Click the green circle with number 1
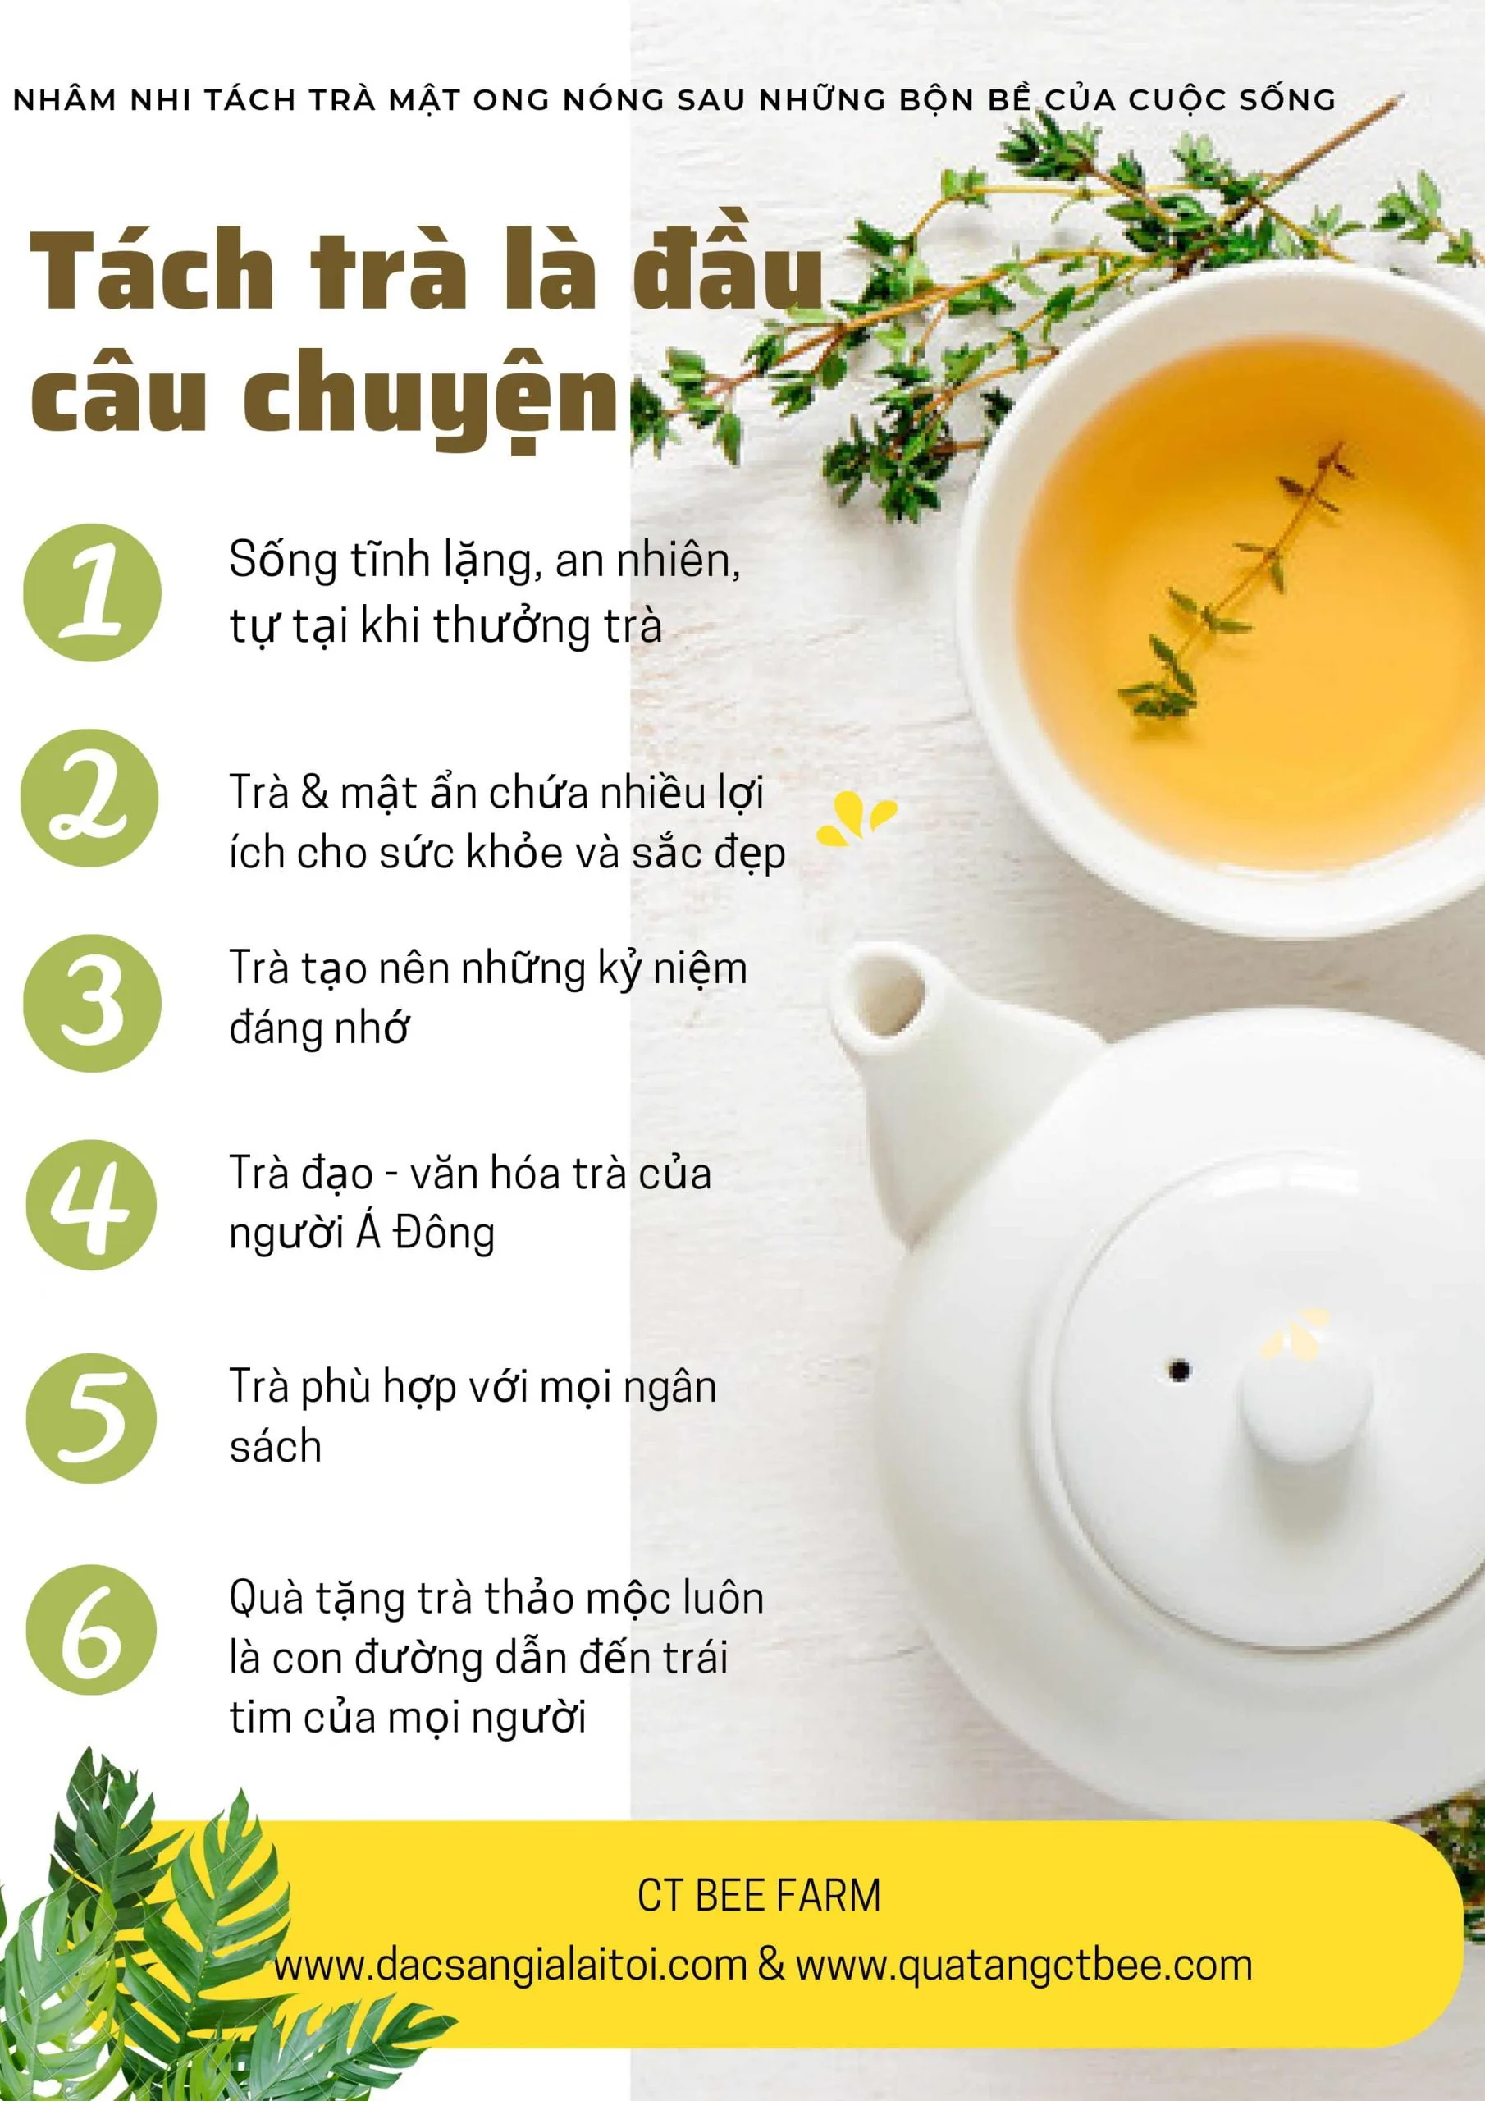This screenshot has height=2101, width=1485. pos(92,592)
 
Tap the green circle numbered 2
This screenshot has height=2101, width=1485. pos(89,798)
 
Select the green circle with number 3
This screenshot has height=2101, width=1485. pos(92,1003)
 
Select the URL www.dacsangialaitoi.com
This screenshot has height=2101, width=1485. pos(509,1965)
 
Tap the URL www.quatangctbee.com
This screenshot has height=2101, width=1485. pos(1023,1965)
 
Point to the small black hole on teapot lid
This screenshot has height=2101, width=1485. pos(1180,1370)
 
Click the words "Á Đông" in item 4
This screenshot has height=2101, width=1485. pos(424,1233)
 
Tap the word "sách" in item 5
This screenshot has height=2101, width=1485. pos(276,1447)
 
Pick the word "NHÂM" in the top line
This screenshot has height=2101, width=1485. pos(64,100)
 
